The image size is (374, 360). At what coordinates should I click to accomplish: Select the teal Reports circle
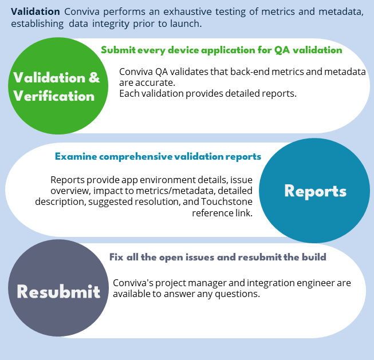(x=315, y=191)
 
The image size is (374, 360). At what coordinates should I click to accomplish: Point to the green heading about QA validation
(x=222, y=50)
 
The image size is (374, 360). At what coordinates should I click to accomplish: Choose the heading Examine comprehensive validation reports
(x=158, y=156)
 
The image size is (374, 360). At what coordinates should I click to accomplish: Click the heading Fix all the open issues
(x=218, y=257)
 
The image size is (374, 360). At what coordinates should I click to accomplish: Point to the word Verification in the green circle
(x=54, y=96)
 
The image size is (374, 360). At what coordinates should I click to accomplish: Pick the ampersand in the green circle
(x=94, y=78)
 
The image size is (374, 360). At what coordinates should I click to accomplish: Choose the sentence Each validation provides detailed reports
(x=207, y=93)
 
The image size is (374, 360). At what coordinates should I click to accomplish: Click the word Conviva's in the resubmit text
(x=133, y=283)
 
